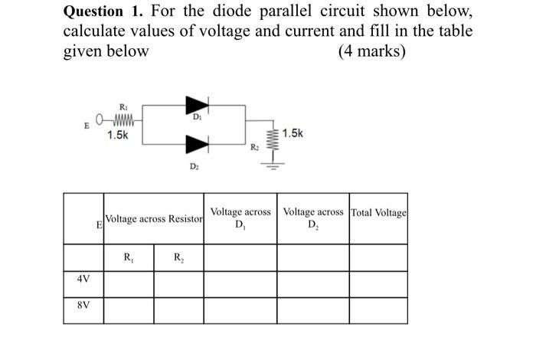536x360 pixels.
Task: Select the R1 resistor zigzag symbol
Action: (x=123, y=119)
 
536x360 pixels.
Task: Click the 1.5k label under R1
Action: (x=118, y=135)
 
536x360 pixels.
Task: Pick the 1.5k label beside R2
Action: (x=293, y=133)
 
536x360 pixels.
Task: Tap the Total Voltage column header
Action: (x=378, y=212)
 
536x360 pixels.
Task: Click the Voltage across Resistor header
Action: (x=154, y=219)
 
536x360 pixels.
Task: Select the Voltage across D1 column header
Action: (x=240, y=218)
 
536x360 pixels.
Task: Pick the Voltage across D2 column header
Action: (x=313, y=218)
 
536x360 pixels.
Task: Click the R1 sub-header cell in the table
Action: (x=128, y=257)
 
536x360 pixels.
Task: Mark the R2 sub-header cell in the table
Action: (x=178, y=257)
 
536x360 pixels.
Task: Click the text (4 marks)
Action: (x=371, y=52)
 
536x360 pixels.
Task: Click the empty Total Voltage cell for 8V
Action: (x=378, y=309)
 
